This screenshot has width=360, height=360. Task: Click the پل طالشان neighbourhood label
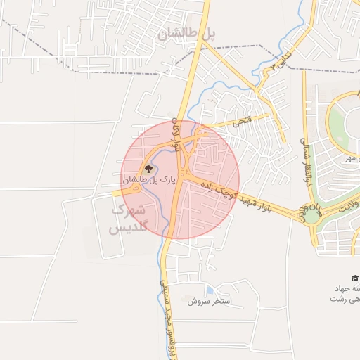(x=186, y=34)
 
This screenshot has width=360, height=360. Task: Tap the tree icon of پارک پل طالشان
(x=148, y=169)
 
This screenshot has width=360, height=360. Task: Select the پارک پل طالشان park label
(x=148, y=181)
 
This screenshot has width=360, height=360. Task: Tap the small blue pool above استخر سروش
(x=210, y=290)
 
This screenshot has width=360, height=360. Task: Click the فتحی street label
(x=240, y=122)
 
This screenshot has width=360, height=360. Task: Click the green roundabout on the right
(x=312, y=214)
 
